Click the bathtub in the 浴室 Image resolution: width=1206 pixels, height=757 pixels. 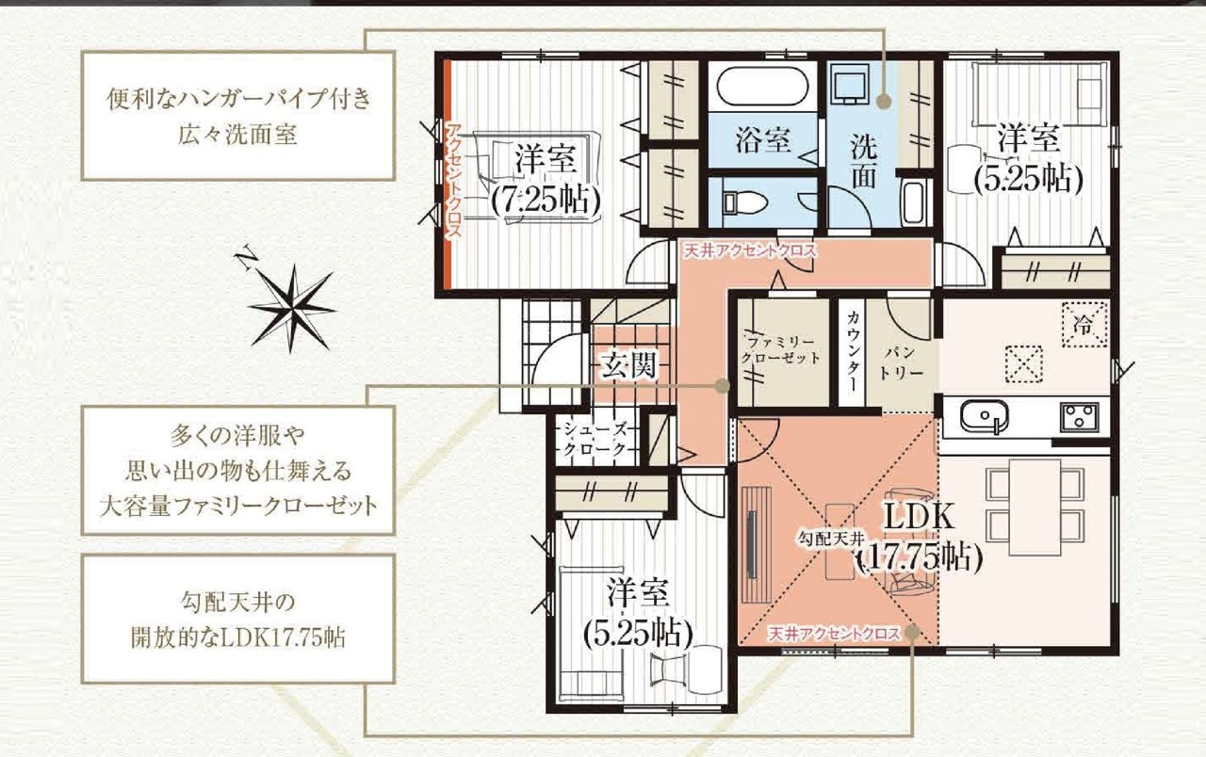pyautogui.click(x=762, y=87)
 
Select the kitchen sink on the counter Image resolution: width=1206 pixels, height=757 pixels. pyautogui.click(x=983, y=415)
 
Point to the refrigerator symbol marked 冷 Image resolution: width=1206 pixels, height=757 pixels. pyautogui.click(x=1084, y=324)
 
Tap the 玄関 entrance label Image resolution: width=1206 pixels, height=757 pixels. pyautogui.click(x=629, y=366)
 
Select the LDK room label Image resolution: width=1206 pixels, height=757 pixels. pyautogui.click(x=920, y=516)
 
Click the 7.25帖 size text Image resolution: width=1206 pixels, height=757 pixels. pyautogui.click(x=546, y=201)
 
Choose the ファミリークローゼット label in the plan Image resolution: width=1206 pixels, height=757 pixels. pyautogui.click(x=780, y=350)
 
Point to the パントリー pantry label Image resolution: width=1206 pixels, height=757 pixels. pyautogui.click(x=900, y=362)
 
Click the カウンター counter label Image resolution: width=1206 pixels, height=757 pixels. pyautogui.click(x=852, y=351)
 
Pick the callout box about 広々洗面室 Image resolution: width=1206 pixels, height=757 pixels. pyautogui.click(x=238, y=116)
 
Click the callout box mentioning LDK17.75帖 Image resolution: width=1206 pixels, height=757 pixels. pyautogui.click(x=238, y=619)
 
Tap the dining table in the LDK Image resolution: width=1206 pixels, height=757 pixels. pyautogui.click(x=1035, y=507)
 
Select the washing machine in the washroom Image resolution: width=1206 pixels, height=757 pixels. pyautogui.click(x=850, y=84)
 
